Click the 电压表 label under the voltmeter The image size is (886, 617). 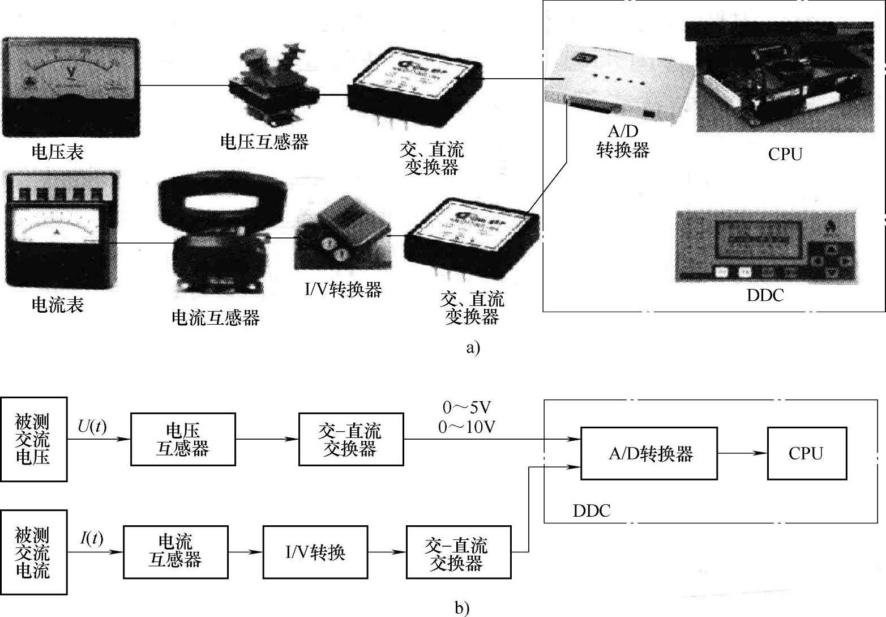click(57, 151)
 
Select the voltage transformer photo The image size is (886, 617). click(273, 85)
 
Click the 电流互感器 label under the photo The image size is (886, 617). click(215, 317)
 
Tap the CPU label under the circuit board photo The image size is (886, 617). click(785, 154)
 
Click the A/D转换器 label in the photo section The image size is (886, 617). click(623, 141)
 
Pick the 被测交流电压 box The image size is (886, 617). click(33, 439)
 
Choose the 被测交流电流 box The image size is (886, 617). click(33, 552)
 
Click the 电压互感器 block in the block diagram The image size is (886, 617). click(183, 439)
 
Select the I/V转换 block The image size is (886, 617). click(315, 552)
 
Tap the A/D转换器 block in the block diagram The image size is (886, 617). click(650, 453)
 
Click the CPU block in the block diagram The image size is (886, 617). click(806, 453)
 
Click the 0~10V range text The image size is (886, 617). click(466, 427)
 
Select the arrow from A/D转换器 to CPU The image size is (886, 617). click(742, 453)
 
